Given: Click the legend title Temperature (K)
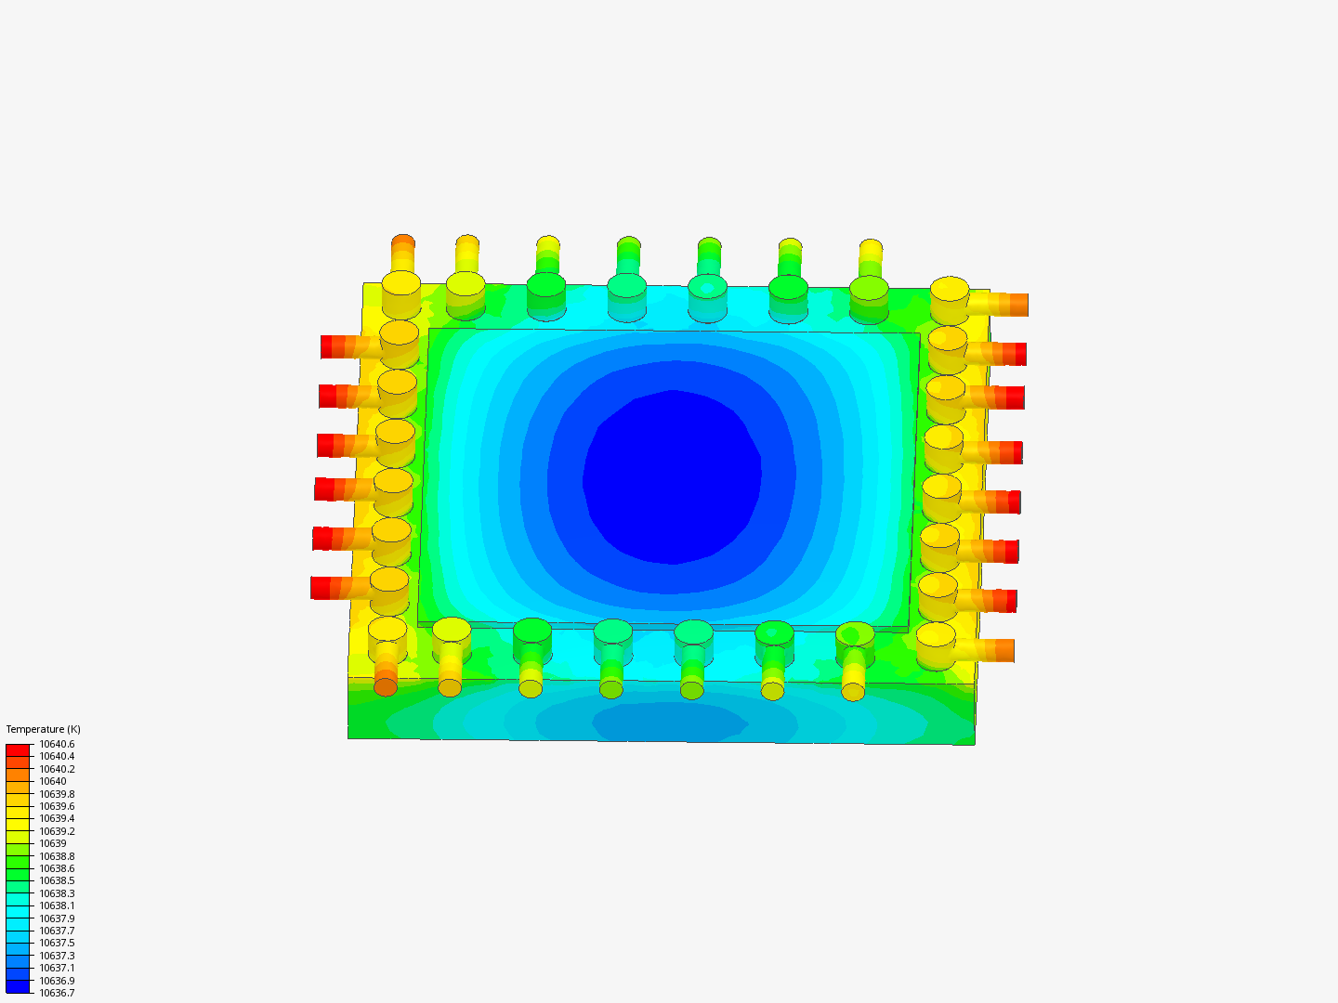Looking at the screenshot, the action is point(44,729).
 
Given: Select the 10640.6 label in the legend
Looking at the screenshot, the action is point(57,744).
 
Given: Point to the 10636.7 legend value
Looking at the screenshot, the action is point(57,993).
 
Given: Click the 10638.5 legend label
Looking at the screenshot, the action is point(57,880).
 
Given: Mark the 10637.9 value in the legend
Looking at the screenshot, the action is point(57,918).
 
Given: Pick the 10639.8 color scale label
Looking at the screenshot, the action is point(57,794).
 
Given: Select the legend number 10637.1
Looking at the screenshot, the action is point(57,968).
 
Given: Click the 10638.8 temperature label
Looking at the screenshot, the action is point(57,856).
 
